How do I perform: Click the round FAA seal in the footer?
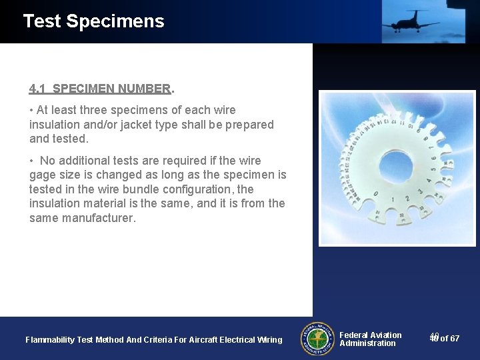318,339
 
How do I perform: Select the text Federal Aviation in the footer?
371,335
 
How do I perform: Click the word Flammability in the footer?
50,340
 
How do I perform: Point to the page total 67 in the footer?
454,339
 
